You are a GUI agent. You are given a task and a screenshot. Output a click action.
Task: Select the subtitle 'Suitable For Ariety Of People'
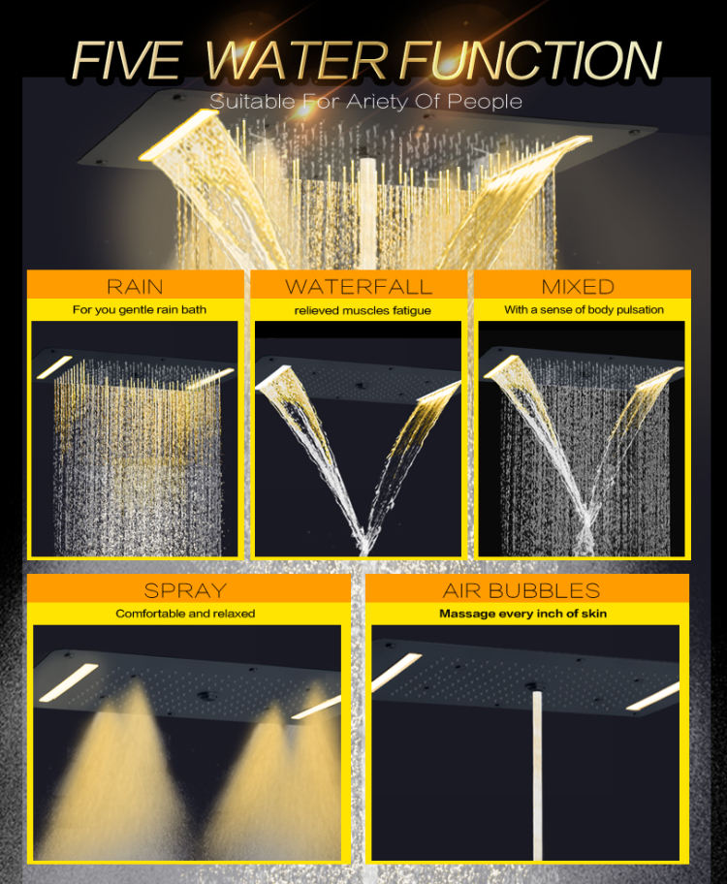point(366,101)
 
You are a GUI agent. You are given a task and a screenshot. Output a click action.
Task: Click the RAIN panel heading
point(134,286)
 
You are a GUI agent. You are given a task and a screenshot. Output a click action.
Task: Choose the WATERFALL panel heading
point(359,286)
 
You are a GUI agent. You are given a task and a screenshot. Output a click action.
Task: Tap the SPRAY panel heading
point(185,589)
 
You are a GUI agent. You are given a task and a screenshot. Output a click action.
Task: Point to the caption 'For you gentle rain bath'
point(134,310)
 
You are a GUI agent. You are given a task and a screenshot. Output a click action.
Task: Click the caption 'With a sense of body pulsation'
point(584,310)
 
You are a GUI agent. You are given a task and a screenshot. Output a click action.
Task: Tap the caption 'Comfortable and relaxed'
point(185,614)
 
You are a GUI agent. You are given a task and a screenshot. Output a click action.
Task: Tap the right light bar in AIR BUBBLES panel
point(652,696)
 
